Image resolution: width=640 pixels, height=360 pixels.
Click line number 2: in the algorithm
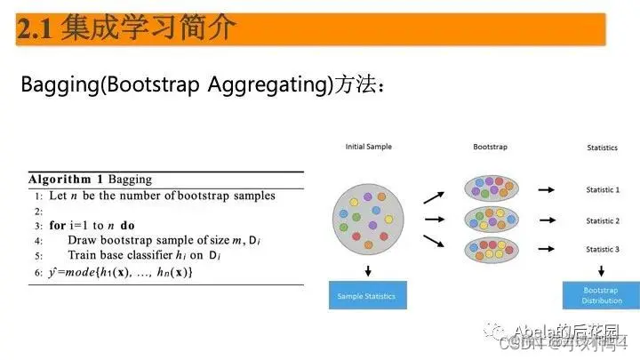click(38, 211)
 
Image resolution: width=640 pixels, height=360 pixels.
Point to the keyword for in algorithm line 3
click(58, 226)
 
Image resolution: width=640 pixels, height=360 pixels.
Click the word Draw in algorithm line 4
click(83, 240)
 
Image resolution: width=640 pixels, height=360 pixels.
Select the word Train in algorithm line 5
click(84, 256)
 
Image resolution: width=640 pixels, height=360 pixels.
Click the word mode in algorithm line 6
click(87, 271)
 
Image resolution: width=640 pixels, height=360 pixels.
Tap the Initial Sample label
click(368, 147)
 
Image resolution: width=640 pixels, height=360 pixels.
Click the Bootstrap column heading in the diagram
click(490, 147)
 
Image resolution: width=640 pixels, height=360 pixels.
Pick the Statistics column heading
click(602, 148)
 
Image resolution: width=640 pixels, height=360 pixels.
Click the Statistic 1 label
click(602, 189)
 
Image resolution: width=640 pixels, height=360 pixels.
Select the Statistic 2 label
click(602, 220)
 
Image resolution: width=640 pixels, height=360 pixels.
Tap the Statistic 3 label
click(602, 251)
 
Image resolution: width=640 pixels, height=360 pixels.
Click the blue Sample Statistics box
click(368, 296)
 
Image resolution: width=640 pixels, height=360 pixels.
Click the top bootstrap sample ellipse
click(490, 188)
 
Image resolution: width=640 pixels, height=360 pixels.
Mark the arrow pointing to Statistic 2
click(545, 220)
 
